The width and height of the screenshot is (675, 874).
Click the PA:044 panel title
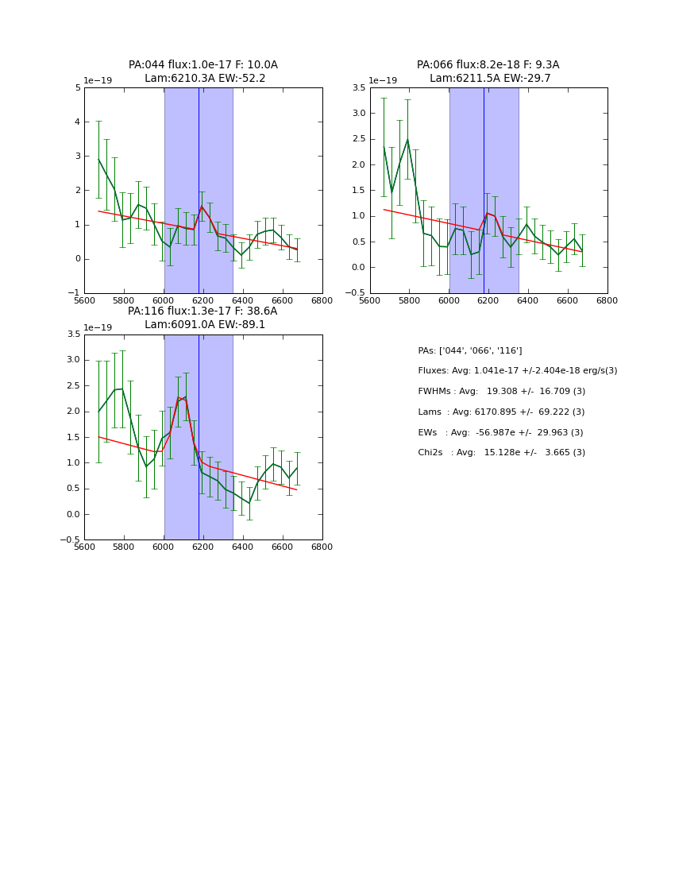pos(203,72)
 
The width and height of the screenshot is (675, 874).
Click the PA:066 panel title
pos(488,72)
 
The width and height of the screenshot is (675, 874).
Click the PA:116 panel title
pos(203,318)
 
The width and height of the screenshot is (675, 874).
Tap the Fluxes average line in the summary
pos(517,371)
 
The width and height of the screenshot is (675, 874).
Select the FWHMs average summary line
pos(501,392)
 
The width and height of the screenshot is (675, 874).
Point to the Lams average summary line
pos(501,412)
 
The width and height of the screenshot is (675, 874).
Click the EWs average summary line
pos(500,432)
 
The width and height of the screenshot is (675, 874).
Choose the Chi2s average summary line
pos(501,453)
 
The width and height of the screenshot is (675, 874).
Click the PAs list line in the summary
pos(470,350)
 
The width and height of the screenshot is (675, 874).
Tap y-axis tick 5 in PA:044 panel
pos(78,88)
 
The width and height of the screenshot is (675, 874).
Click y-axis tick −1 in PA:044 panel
pos(75,293)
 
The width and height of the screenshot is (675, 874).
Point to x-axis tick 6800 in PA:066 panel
pos(607,300)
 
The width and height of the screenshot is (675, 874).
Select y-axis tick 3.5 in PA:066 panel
pos(361,88)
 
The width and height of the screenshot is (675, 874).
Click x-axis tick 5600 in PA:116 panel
pos(85,547)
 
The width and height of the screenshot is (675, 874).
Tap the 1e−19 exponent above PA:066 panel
pos(384,80)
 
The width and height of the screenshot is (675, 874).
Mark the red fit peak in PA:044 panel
pos(202,207)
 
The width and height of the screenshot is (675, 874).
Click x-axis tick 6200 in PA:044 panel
pos(203,300)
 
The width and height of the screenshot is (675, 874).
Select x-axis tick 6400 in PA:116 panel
pos(243,547)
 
